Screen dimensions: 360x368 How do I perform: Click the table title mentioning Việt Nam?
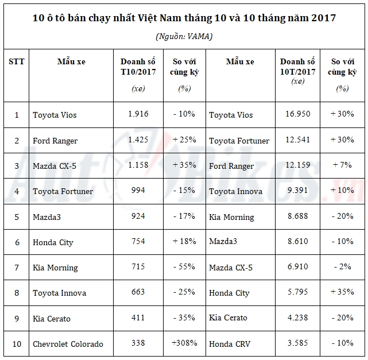tap(184, 18)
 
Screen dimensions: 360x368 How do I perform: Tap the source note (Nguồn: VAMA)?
tap(184, 36)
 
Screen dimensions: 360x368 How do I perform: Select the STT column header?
tap(17, 61)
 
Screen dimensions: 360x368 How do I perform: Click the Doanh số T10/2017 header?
tap(138, 67)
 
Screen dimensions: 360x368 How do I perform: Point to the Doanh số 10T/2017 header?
tap(298, 67)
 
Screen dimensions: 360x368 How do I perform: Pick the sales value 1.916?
tap(138, 114)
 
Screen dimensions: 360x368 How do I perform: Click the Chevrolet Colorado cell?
tap(68, 344)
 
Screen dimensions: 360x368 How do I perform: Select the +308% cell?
tap(184, 343)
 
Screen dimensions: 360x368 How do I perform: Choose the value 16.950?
tap(298, 114)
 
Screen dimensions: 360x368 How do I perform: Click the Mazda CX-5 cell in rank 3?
tap(55, 166)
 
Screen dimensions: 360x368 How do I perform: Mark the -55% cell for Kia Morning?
tap(184, 267)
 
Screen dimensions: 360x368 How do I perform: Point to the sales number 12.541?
tap(298, 140)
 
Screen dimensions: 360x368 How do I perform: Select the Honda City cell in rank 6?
tap(53, 242)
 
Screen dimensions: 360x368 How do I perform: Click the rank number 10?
tap(17, 343)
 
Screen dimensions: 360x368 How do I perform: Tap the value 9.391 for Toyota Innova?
tap(298, 191)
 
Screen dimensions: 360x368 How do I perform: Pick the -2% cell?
tap(342, 267)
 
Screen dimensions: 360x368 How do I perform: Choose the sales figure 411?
tap(138, 318)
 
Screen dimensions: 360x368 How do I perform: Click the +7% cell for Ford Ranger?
tap(342, 165)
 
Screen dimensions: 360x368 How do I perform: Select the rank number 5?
tap(17, 216)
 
